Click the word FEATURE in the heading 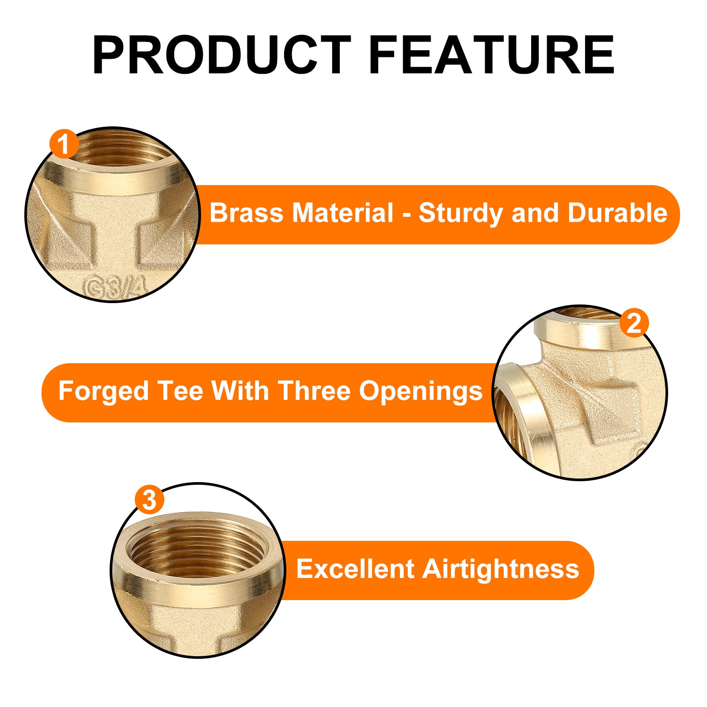[491, 55]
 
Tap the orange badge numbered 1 [64, 144]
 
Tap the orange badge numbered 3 [149, 500]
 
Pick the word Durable [617, 213]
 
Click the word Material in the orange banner [343, 213]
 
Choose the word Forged [103, 392]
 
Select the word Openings [421, 392]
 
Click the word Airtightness [501, 570]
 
